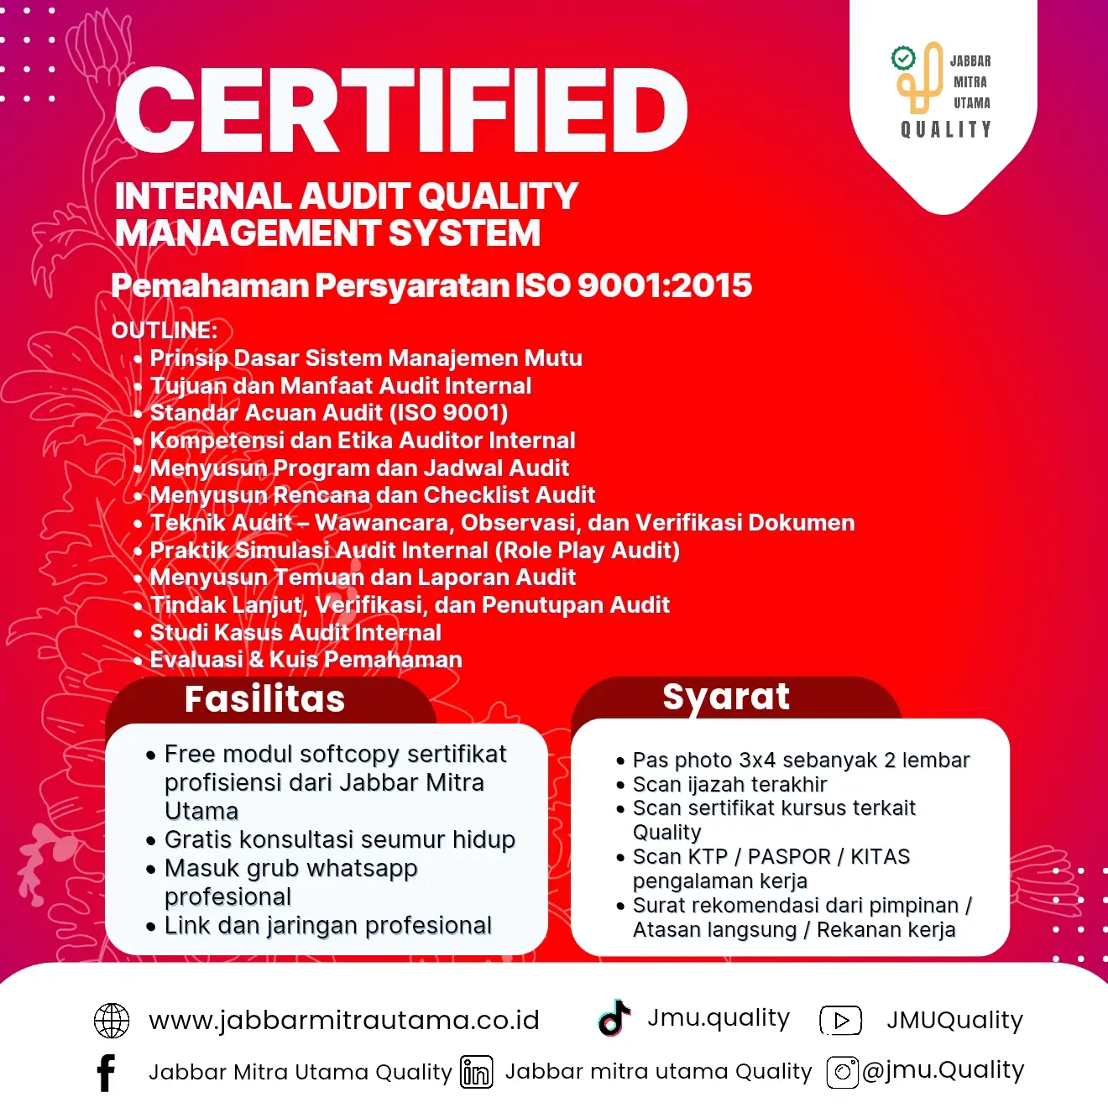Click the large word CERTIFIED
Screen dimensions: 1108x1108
tap(401, 111)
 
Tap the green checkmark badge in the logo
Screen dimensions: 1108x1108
tap(903, 58)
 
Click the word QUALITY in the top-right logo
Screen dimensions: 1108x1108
tap(946, 129)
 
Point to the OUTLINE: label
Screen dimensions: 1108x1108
tap(165, 330)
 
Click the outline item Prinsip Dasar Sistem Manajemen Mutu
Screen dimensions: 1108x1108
tap(366, 358)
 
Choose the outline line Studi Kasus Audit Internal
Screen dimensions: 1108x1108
tap(295, 632)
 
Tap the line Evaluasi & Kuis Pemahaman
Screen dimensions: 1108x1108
tap(306, 660)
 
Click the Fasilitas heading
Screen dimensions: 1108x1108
tap(264, 699)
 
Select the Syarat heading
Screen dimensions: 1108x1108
tap(726, 697)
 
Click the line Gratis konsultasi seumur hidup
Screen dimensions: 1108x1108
tap(339, 839)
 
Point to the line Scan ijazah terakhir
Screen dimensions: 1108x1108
tap(729, 784)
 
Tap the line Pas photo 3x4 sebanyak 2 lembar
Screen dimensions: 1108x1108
tap(801, 760)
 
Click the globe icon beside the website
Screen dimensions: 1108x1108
tap(112, 1021)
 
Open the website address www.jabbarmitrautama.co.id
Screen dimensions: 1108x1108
tap(344, 1021)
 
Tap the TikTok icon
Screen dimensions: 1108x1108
tap(614, 1017)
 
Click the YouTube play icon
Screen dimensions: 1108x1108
tap(840, 1020)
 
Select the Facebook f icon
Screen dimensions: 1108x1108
tap(106, 1073)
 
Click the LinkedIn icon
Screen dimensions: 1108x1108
tap(476, 1073)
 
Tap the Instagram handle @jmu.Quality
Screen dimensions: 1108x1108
tap(943, 1070)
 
